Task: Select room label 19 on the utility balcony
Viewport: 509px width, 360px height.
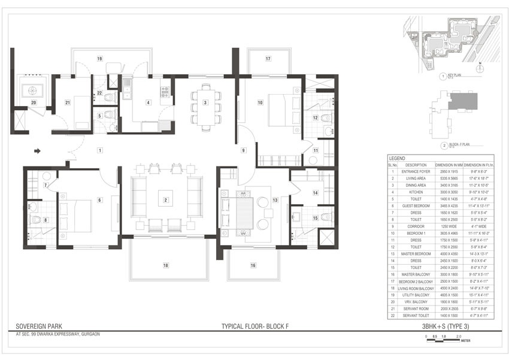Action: (100, 58)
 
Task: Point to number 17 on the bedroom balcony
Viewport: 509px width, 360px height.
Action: (268, 59)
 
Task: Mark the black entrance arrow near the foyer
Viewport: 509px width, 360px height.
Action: (37, 151)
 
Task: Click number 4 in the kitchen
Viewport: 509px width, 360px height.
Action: (148, 102)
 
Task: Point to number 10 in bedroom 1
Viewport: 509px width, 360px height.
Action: (260, 102)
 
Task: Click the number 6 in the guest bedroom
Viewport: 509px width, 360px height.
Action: (100, 199)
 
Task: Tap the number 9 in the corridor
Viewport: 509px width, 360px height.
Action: (244, 150)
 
